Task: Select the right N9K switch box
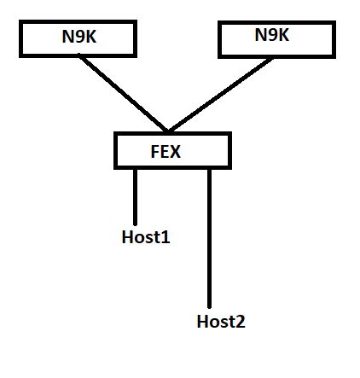click(274, 37)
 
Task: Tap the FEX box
click(172, 151)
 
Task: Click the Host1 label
click(146, 237)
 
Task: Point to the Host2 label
click(221, 322)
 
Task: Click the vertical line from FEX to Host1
click(135, 196)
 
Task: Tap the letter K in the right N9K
click(283, 36)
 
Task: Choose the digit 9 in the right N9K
click(272, 36)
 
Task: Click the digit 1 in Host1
click(165, 237)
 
